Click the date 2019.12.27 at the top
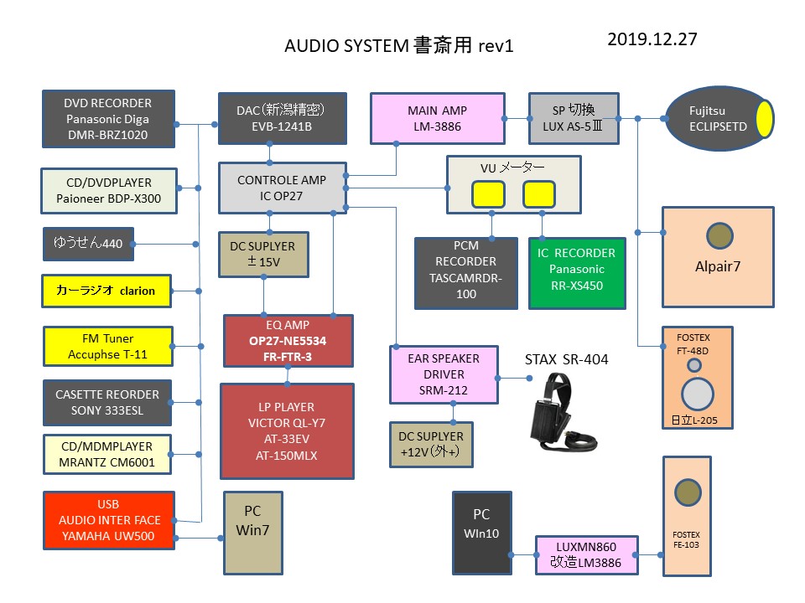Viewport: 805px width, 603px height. pyautogui.click(x=652, y=39)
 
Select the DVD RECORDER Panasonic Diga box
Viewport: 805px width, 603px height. pyautogui.click(x=108, y=118)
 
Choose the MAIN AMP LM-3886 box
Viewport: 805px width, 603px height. pyautogui.click(x=437, y=119)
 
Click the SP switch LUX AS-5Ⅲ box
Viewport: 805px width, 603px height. pyautogui.click(x=574, y=119)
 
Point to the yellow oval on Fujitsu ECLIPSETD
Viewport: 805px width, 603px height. pyautogui.click(x=765, y=119)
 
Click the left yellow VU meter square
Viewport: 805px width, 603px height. pyautogui.click(x=487, y=194)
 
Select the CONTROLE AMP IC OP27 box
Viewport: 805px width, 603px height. pyautogui.click(x=282, y=188)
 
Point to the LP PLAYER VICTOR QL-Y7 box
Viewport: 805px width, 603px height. pyautogui.click(x=287, y=430)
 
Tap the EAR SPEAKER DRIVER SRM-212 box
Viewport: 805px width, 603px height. pyautogui.click(x=443, y=374)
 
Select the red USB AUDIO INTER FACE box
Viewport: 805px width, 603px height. pyautogui.click(x=108, y=520)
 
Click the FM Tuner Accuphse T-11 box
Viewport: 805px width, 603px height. pyautogui.click(x=107, y=347)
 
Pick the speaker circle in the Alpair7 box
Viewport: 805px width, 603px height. pyautogui.click(x=719, y=236)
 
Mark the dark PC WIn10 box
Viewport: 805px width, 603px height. pyautogui.click(x=480, y=533)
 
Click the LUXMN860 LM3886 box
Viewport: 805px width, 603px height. pyautogui.click(x=586, y=554)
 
